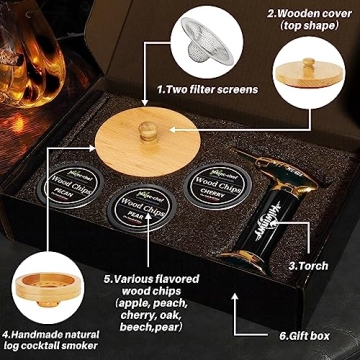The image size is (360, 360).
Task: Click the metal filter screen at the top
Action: coord(178,43)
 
